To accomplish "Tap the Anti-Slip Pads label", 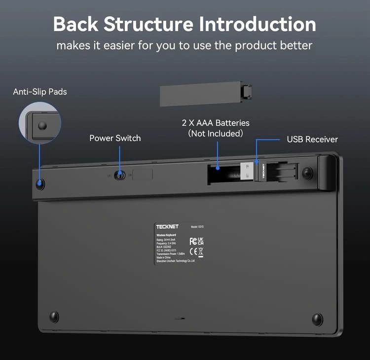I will [40, 92].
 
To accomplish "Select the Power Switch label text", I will [115, 138].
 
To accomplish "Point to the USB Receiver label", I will [312, 140].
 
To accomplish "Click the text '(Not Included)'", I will [215, 134].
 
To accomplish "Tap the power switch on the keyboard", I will [119, 175].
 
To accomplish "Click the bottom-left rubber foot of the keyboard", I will [54, 316].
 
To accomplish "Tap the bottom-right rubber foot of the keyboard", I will [317, 318].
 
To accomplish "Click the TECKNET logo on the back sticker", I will [164, 226].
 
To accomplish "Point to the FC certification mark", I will [193, 241].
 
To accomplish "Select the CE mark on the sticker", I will [193, 252].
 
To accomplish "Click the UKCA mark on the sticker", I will [201, 241].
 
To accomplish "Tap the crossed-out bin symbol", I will [201, 252].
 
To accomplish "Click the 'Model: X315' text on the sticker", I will [197, 227].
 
